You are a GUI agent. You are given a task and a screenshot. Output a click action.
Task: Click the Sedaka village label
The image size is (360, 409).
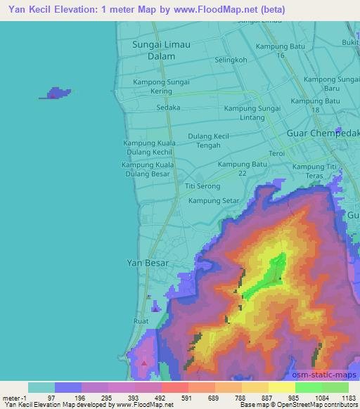tap(169, 108)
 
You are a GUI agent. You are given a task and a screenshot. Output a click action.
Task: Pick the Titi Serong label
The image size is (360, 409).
tap(202, 186)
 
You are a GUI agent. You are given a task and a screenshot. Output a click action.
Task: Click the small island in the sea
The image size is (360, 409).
tap(54, 93)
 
